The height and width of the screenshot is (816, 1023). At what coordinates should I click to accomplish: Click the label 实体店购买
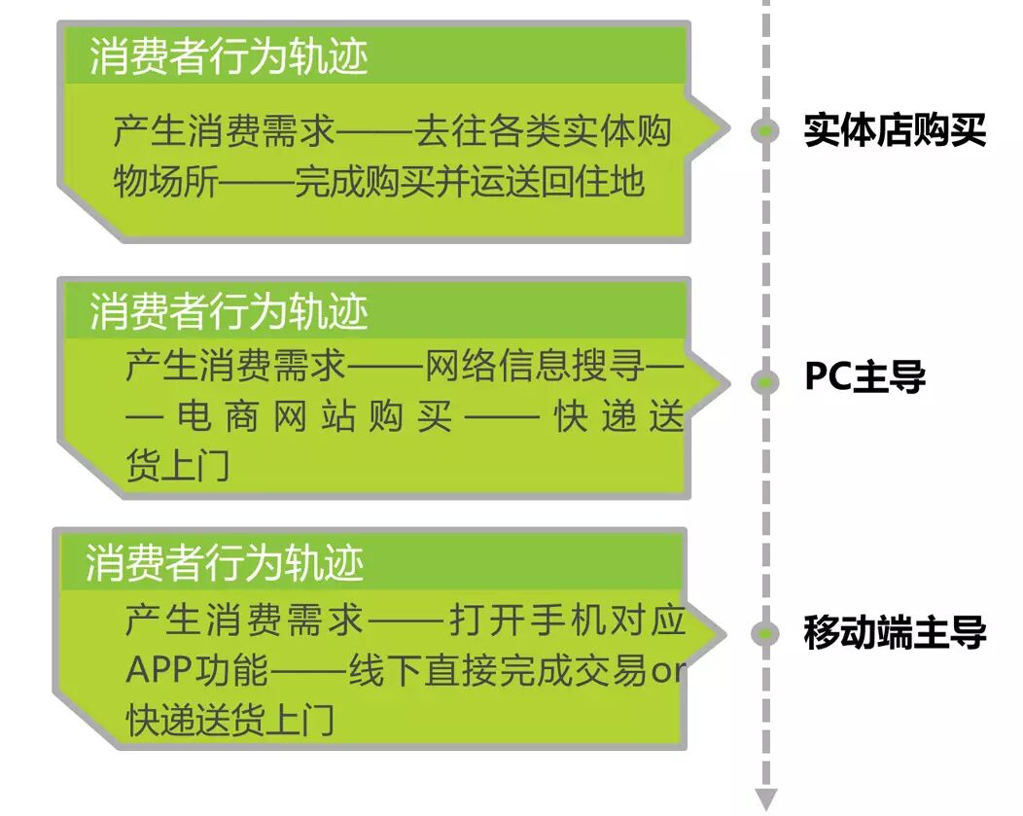pyautogui.click(x=895, y=129)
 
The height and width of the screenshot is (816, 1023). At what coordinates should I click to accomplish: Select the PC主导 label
pyautogui.click(x=864, y=377)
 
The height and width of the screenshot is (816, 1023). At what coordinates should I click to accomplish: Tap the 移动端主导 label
pyautogui.click(x=895, y=632)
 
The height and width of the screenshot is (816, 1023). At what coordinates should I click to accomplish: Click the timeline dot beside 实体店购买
pyautogui.click(x=766, y=130)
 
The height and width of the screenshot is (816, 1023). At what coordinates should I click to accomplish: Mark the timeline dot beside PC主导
pyautogui.click(x=766, y=380)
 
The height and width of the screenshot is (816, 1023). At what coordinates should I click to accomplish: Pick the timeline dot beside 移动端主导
pyautogui.click(x=766, y=634)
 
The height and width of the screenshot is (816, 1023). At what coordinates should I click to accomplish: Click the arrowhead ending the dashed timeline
pyautogui.click(x=766, y=798)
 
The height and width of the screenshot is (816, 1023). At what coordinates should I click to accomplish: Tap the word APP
pyautogui.click(x=159, y=672)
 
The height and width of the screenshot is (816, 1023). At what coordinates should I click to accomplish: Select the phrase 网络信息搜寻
pyautogui.click(x=535, y=368)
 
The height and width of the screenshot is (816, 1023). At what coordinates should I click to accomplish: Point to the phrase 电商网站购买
pyautogui.click(x=316, y=418)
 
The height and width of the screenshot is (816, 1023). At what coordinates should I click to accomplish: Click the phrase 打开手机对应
pyautogui.click(x=568, y=621)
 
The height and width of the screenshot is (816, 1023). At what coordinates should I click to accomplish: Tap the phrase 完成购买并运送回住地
pyautogui.click(x=470, y=182)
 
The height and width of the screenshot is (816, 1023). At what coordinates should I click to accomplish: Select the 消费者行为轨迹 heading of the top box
pyautogui.click(x=229, y=57)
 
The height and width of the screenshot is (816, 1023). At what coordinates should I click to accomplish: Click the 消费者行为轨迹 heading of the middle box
pyautogui.click(x=229, y=312)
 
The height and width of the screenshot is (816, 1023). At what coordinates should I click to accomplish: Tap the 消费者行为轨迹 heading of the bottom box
pyautogui.click(x=225, y=563)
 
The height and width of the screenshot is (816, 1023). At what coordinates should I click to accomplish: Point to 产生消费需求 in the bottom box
pyautogui.click(x=244, y=621)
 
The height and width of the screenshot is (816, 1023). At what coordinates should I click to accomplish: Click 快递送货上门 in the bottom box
pyautogui.click(x=230, y=721)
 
